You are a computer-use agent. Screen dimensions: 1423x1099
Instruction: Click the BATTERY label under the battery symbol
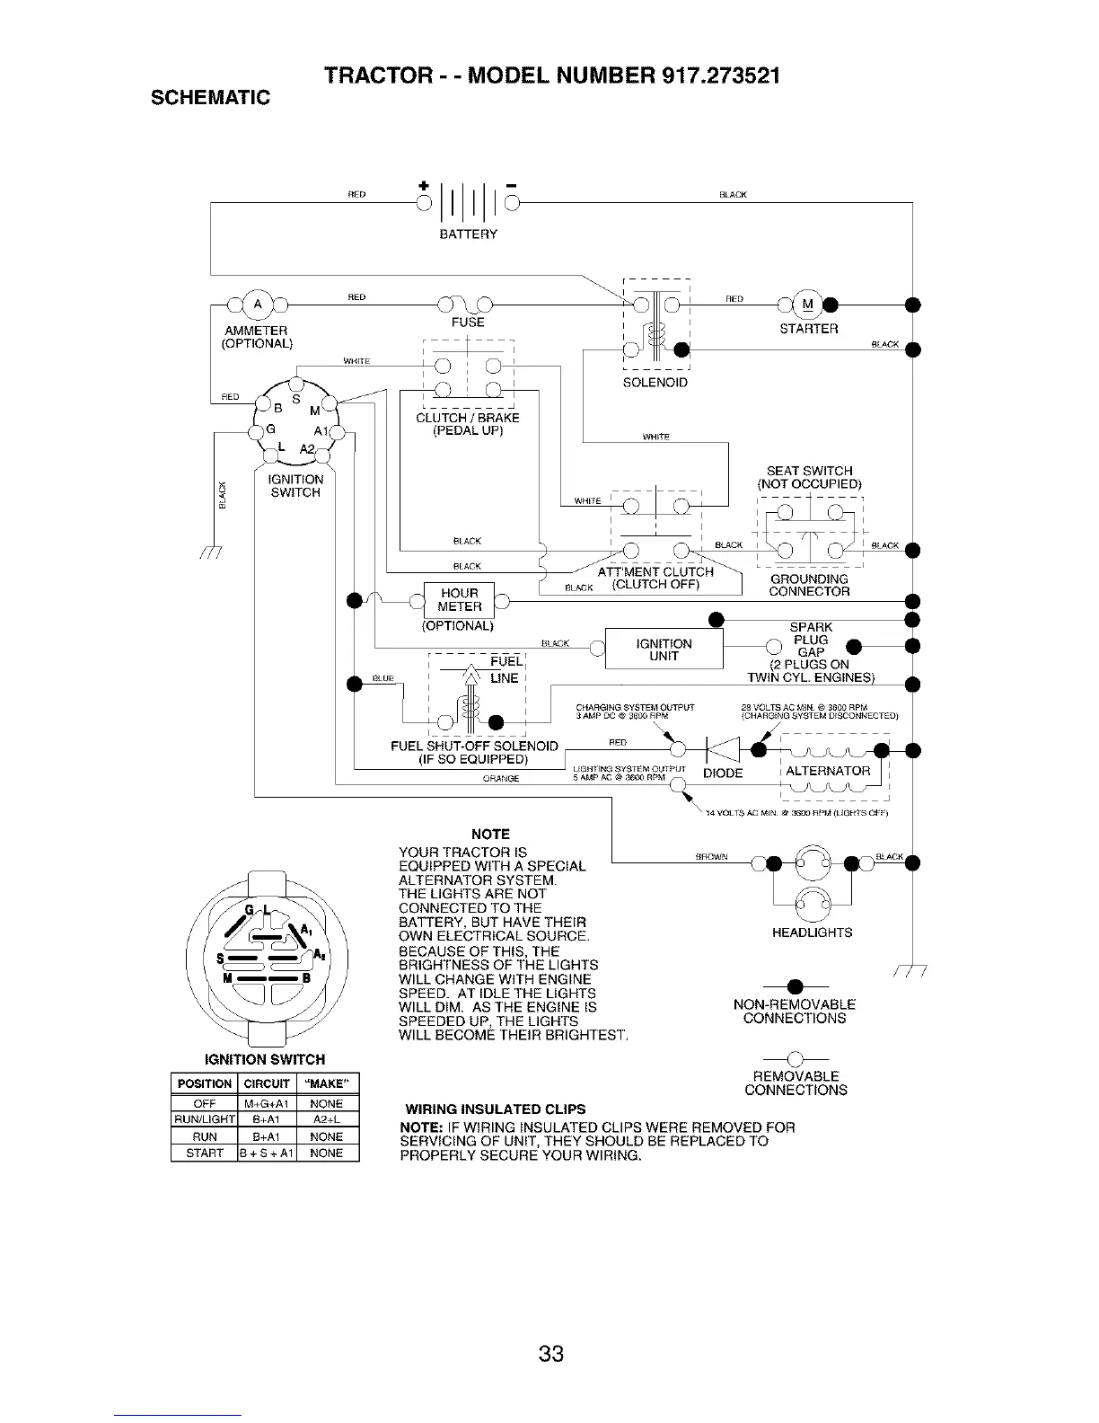(468, 234)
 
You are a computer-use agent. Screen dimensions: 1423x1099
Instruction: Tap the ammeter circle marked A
(256, 304)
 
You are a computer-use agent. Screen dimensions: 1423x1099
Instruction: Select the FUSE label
(469, 323)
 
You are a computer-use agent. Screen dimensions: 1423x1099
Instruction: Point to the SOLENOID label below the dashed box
(655, 384)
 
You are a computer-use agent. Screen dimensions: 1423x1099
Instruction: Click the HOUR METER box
(459, 600)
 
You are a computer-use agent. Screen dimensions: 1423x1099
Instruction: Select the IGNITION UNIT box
(664, 650)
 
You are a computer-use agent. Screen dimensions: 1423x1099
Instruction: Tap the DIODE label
(722, 773)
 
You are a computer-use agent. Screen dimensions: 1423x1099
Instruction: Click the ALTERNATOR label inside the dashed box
(828, 771)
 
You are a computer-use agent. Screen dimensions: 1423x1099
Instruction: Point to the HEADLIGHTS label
(812, 932)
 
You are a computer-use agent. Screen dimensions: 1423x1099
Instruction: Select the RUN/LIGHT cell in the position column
(203, 1120)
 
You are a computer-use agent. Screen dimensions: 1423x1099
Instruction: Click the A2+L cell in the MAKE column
(326, 1120)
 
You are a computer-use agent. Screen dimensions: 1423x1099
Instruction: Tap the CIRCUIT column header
(266, 1083)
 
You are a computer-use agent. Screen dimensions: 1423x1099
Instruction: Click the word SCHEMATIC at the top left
(210, 98)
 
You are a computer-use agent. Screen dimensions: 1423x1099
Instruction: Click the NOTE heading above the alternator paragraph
(490, 834)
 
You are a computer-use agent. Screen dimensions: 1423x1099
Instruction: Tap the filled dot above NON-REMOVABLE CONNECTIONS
(796, 986)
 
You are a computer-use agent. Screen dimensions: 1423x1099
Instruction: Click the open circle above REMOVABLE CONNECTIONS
(796, 1058)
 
